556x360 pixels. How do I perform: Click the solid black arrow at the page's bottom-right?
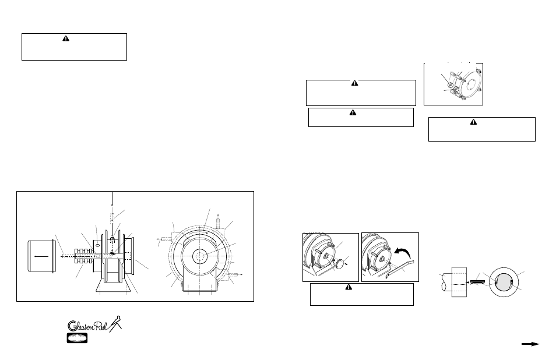(530, 344)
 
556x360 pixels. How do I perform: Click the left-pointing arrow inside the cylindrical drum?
(42, 255)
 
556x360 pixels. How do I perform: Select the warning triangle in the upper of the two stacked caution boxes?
(353, 84)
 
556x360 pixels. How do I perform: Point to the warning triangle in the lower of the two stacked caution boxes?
(353, 112)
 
